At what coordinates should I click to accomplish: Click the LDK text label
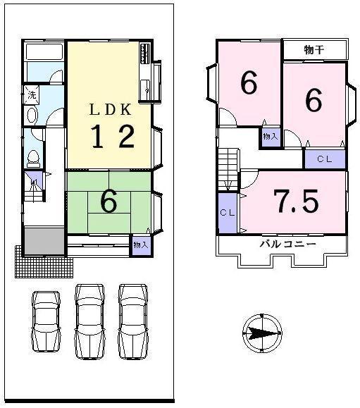point(109,111)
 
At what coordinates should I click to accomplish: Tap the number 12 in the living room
point(111,137)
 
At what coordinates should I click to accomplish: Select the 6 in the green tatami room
point(108,202)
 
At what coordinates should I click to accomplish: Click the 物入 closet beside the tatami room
point(141,245)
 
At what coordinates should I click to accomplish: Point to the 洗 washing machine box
point(32,94)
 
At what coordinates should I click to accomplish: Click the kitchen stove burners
point(146,54)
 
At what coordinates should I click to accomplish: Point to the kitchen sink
point(145,88)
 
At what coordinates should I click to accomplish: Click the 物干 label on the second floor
point(314,50)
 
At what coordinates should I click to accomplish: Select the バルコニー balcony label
point(287,244)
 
